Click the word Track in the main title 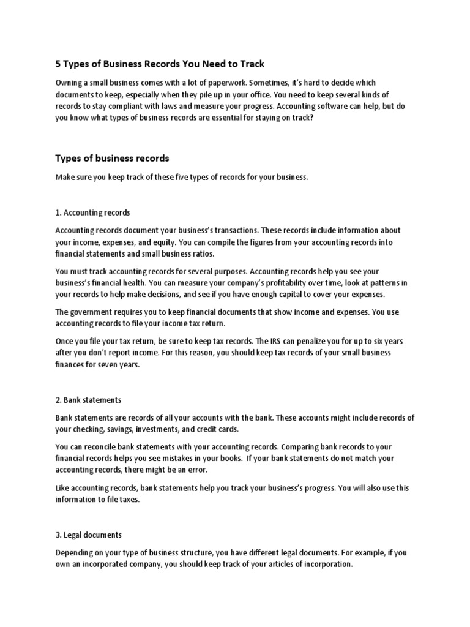(x=252, y=63)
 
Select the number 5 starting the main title (x=59, y=63)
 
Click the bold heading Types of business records (x=112, y=158)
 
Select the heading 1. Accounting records (x=92, y=212)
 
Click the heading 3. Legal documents (x=89, y=535)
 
